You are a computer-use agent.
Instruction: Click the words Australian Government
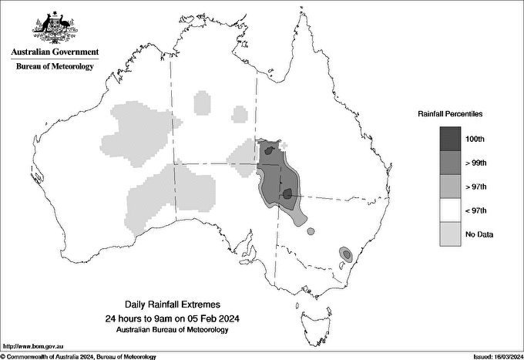55,52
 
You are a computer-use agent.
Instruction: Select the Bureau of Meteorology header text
55,66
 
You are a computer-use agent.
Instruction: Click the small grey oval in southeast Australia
347,253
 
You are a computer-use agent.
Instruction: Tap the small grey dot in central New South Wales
311,230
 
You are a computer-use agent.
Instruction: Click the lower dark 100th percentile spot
287,193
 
